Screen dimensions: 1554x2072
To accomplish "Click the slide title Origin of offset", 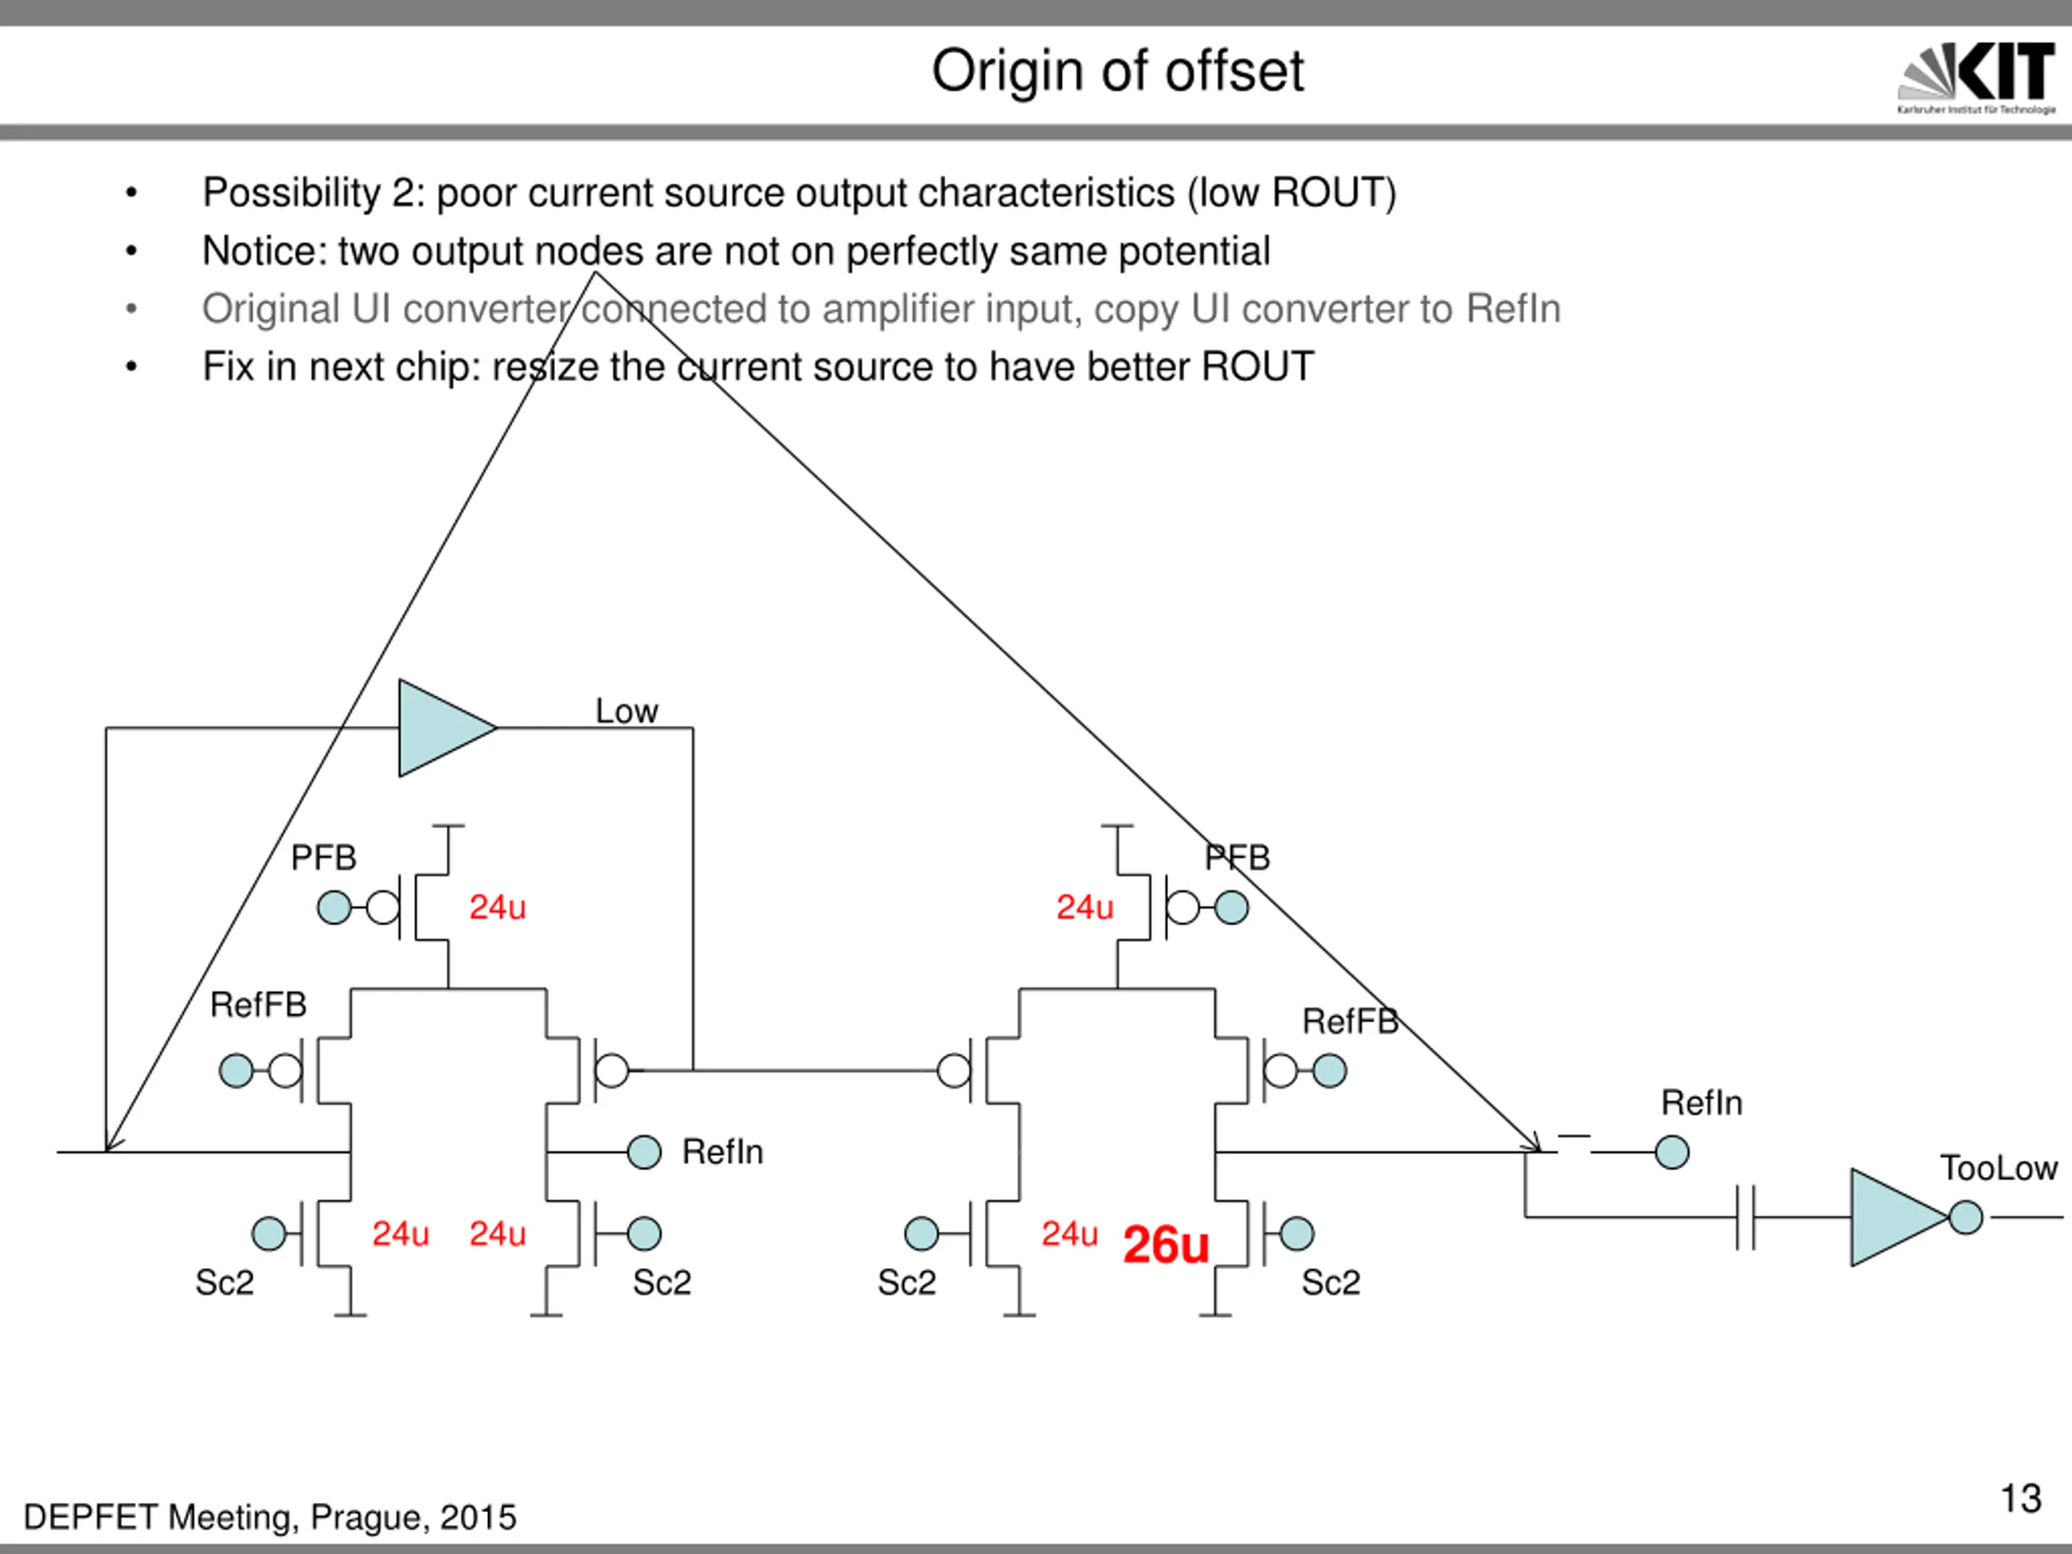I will pyautogui.click(x=1117, y=71).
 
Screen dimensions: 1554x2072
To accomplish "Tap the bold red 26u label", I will pyautogui.click(x=1165, y=1245).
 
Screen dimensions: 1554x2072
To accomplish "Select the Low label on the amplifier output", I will pyautogui.click(x=626, y=711).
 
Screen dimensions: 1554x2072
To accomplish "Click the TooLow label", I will pyautogui.click(x=1998, y=1168).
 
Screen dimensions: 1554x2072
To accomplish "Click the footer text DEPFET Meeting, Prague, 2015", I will pyautogui.click(x=270, y=1518).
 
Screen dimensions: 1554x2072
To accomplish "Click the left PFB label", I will pyautogui.click(x=323, y=857).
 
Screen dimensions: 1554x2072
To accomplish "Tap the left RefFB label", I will pyautogui.click(x=257, y=1005).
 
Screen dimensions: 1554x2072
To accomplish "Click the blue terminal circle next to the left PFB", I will pyautogui.click(x=334, y=906).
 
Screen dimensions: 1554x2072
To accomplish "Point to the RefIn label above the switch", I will pyautogui.click(x=1701, y=1102).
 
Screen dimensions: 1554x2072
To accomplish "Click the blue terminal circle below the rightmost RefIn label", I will pyautogui.click(x=1672, y=1153).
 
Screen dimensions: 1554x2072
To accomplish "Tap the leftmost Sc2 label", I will pyautogui.click(x=224, y=1282).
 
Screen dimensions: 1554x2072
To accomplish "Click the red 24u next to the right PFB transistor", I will pyautogui.click(x=1085, y=906).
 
